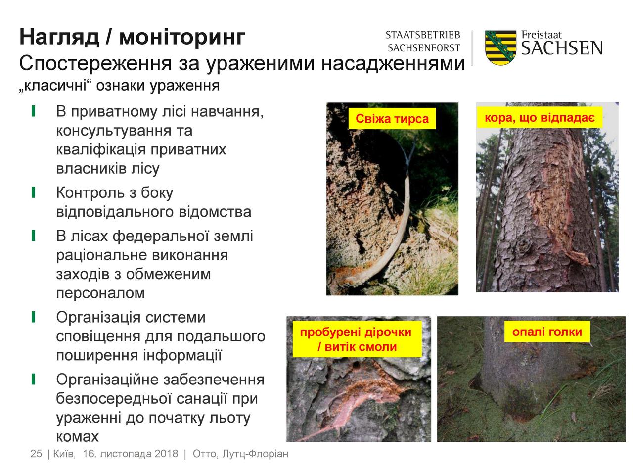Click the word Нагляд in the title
(59, 38)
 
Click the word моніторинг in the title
(182, 38)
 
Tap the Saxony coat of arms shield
(500, 47)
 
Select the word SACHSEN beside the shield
(562, 48)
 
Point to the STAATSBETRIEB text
(423, 35)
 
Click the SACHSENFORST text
(424, 48)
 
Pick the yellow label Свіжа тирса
(392, 119)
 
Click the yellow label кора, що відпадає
(540, 117)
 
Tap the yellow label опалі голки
(547, 332)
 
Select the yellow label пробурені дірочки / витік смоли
(357, 339)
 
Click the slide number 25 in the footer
(36, 454)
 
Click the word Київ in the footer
(64, 454)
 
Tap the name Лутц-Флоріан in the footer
(255, 454)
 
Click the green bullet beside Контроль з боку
(34, 192)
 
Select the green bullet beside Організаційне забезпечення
(34, 379)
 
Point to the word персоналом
(100, 293)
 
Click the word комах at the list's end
(77, 437)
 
